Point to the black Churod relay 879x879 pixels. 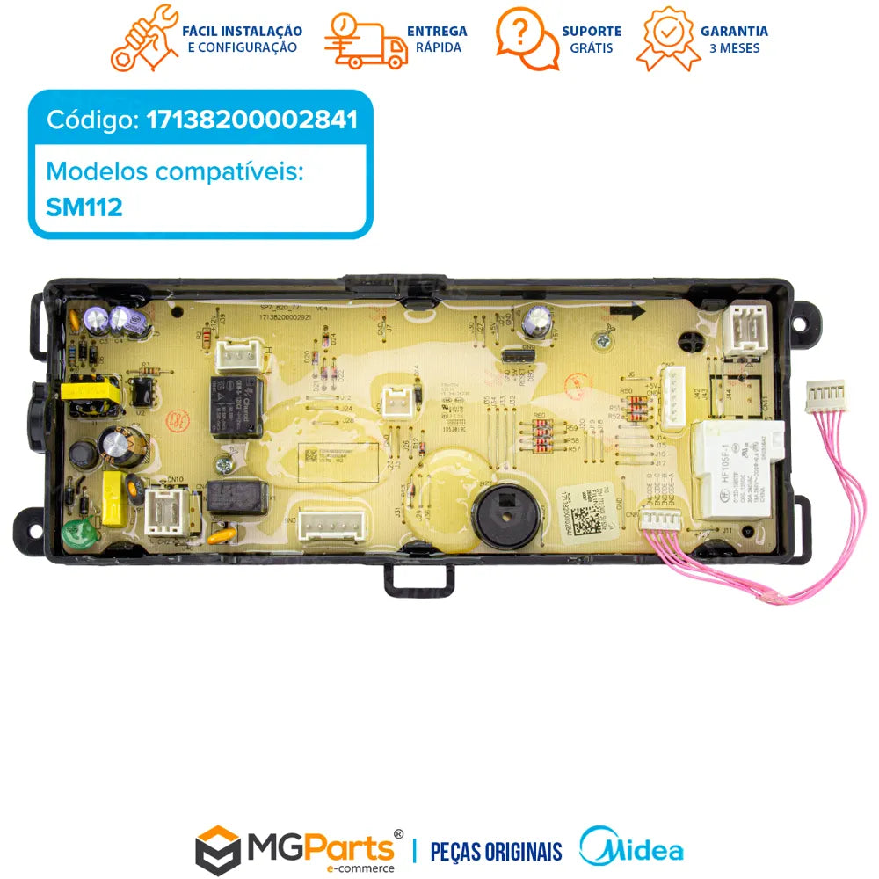236,404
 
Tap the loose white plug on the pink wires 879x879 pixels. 825,396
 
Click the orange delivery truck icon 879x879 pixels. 365,40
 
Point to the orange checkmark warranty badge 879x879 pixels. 669,39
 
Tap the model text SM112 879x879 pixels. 84,207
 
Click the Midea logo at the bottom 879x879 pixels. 631,849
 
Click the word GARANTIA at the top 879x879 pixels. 734,31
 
